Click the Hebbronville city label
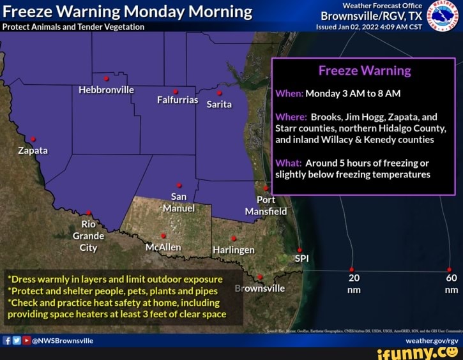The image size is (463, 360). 106,90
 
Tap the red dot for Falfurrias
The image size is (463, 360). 176,91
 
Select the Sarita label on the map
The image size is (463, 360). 219,104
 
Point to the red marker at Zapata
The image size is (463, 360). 33,139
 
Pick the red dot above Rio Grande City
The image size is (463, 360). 89,213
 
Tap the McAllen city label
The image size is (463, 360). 163,247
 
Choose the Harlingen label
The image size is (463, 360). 234,250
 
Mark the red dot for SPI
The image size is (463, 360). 300,250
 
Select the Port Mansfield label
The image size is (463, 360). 267,205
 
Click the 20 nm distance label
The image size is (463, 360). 354,283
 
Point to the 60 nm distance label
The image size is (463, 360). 452,283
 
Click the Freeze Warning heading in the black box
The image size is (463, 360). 364,70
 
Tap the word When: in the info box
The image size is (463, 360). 290,93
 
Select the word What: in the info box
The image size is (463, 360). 289,163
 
